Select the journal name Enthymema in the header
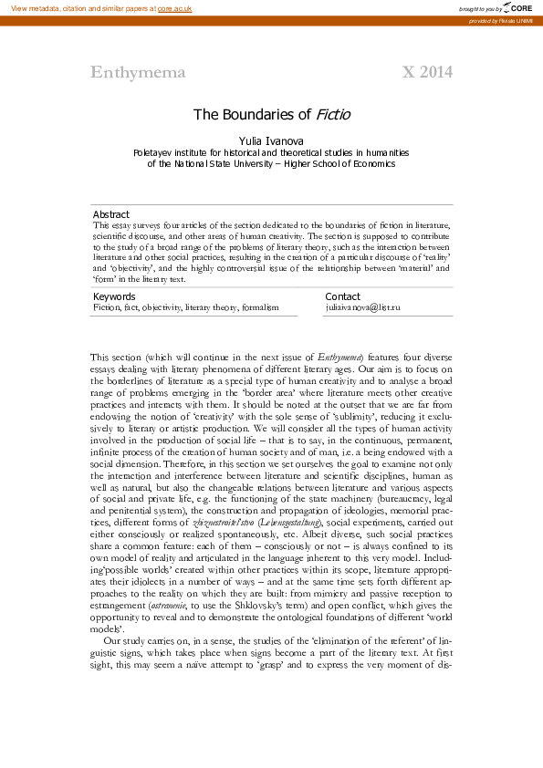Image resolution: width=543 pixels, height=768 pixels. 138,73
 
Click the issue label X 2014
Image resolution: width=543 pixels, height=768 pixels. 427,73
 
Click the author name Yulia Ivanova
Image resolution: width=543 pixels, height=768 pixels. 271,141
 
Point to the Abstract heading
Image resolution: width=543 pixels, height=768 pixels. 111,214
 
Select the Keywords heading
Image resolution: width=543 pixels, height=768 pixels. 114,296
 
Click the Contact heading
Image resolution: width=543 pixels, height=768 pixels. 342,296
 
